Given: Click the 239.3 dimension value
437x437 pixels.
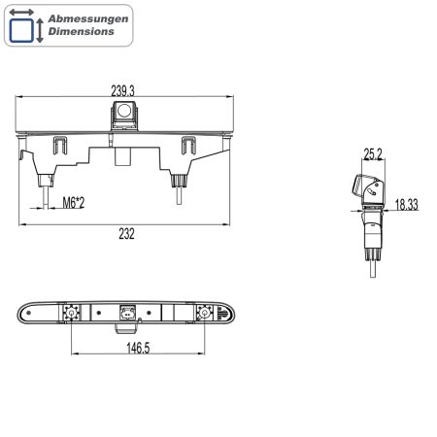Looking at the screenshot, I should (122, 89).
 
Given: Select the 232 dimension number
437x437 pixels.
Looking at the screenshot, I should (126, 234).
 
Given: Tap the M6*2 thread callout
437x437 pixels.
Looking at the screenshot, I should (74, 203).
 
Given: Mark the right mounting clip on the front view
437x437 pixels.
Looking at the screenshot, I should (189, 146).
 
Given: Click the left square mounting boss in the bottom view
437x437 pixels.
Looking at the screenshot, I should (71, 313).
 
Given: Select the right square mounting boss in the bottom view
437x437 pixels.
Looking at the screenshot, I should (204, 313).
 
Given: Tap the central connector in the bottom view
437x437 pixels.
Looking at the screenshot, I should (126, 313).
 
